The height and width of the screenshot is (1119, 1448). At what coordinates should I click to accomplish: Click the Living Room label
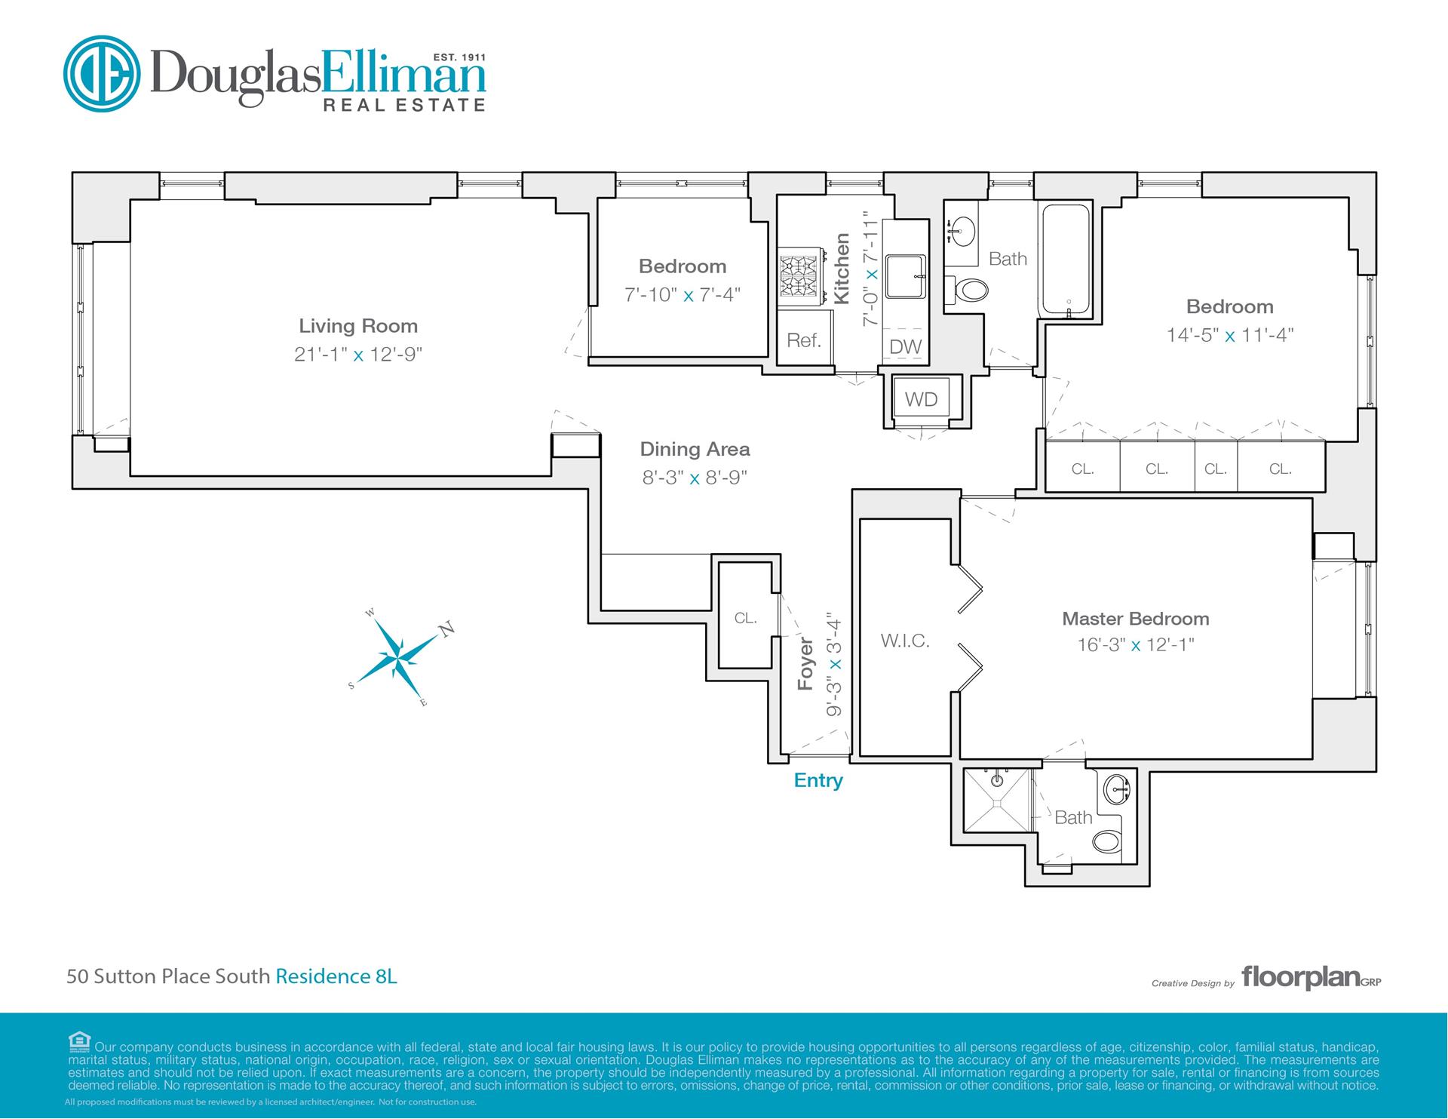358,326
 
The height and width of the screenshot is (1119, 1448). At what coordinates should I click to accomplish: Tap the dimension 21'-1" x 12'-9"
358,354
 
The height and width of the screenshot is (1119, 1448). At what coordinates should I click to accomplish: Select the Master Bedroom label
1136,619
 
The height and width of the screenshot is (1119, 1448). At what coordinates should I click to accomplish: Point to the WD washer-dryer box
921,400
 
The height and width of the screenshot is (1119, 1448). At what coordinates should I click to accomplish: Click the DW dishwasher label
905,347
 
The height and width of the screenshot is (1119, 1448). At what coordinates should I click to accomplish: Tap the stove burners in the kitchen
799,278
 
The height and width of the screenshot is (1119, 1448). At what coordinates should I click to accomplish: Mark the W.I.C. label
905,641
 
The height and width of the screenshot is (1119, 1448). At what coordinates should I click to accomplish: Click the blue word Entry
818,780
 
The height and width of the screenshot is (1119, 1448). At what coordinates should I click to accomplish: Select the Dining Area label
695,449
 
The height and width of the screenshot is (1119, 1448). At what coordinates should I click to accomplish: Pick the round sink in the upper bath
962,229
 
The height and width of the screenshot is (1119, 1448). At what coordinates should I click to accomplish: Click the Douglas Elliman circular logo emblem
102,73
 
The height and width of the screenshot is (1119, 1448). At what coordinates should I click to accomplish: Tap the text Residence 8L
336,976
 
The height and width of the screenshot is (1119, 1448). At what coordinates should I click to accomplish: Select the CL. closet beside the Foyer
745,616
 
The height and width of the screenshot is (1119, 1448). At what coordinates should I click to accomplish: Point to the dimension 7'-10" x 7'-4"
683,294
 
